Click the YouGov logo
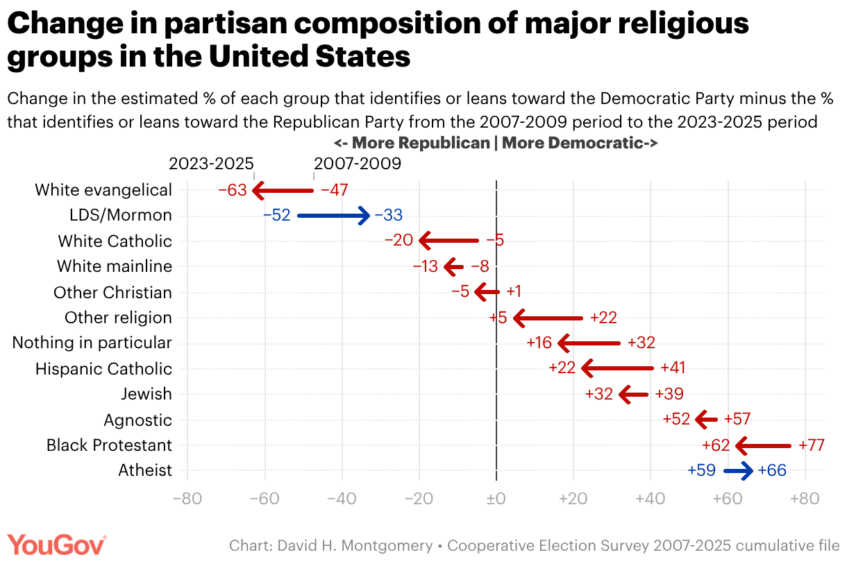pos(57,544)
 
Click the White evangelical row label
pos(103,190)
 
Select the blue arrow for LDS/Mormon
pos(333,216)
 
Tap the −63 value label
pos(233,190)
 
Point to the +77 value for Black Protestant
pos(812,445)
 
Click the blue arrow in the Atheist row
pos(738,471)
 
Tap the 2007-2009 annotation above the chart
pos(358,164)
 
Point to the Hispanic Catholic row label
pos(103,368)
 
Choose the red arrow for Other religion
pos(548,318)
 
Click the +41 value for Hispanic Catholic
pos(673,368)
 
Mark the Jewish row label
pos(146,394)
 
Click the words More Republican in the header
pos(421,144)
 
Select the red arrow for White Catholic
pos(449,241)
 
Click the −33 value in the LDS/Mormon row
pos(388,216)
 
